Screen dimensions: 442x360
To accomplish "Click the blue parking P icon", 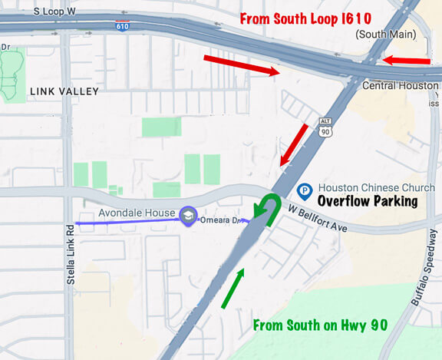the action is click(x=304, y=188).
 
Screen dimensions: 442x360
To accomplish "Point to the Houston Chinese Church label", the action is click(x=367, y=187).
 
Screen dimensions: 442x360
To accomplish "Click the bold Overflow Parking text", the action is click(x=368, y=201).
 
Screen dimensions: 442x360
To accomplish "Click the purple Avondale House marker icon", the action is click(x=187, y=214).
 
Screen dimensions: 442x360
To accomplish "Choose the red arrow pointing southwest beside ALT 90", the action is click(x=293, y=145).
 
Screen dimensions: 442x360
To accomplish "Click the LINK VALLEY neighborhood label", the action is click(x=64, y=91).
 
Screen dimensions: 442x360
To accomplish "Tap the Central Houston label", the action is click(x=402, y=85).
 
